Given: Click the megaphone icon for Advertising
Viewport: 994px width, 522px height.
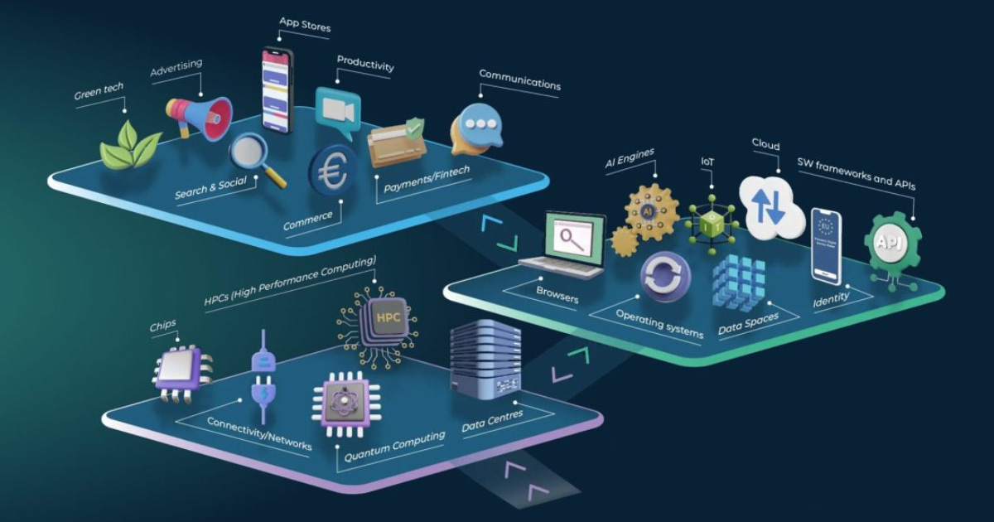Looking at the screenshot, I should [x=199, y=116].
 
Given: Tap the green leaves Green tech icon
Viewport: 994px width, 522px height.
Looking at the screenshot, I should [x=130, y=146].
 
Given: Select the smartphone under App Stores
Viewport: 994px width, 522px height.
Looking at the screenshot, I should [x=277, y=89].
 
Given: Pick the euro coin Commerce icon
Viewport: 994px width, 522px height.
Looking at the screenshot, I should [x=334, y=171].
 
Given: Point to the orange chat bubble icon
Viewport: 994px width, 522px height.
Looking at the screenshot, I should [x=476, y=129].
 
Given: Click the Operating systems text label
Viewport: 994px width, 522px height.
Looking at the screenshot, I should [x=659, y=322].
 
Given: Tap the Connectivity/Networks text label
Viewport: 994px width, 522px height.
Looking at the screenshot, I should [x=259, y=433].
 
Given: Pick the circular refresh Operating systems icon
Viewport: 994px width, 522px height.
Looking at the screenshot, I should [x=665, y=277].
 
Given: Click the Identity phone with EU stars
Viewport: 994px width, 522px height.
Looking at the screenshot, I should [x=826, y=246].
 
